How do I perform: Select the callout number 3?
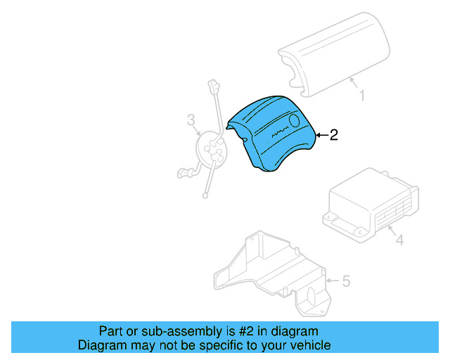tap(191, 120)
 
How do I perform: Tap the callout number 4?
tap(399, 241)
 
